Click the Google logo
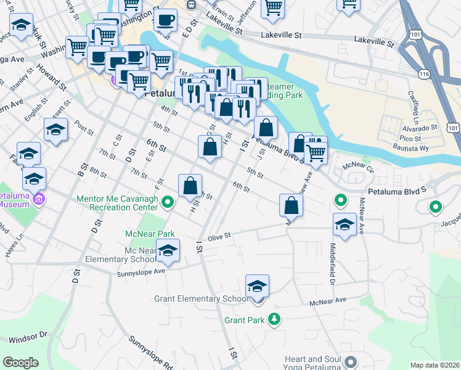point(20,362)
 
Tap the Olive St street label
point(219,236)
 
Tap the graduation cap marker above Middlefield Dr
point(344,224)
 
